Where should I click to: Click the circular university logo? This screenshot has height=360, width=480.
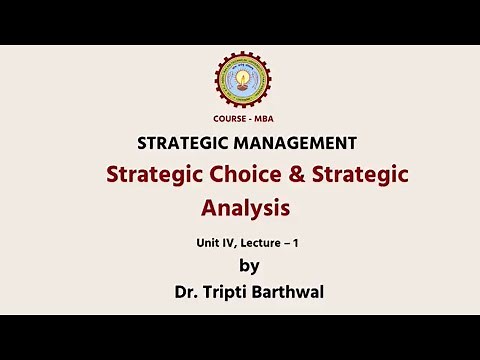click(242, 80)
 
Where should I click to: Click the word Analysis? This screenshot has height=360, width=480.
click(245, 208)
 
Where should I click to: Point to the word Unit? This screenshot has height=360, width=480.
click(209, 242)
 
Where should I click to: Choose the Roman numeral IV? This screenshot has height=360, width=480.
click(230, 242)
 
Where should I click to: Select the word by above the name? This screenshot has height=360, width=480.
click(249, 266)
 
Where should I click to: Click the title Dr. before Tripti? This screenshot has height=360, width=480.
click(187, 292)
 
